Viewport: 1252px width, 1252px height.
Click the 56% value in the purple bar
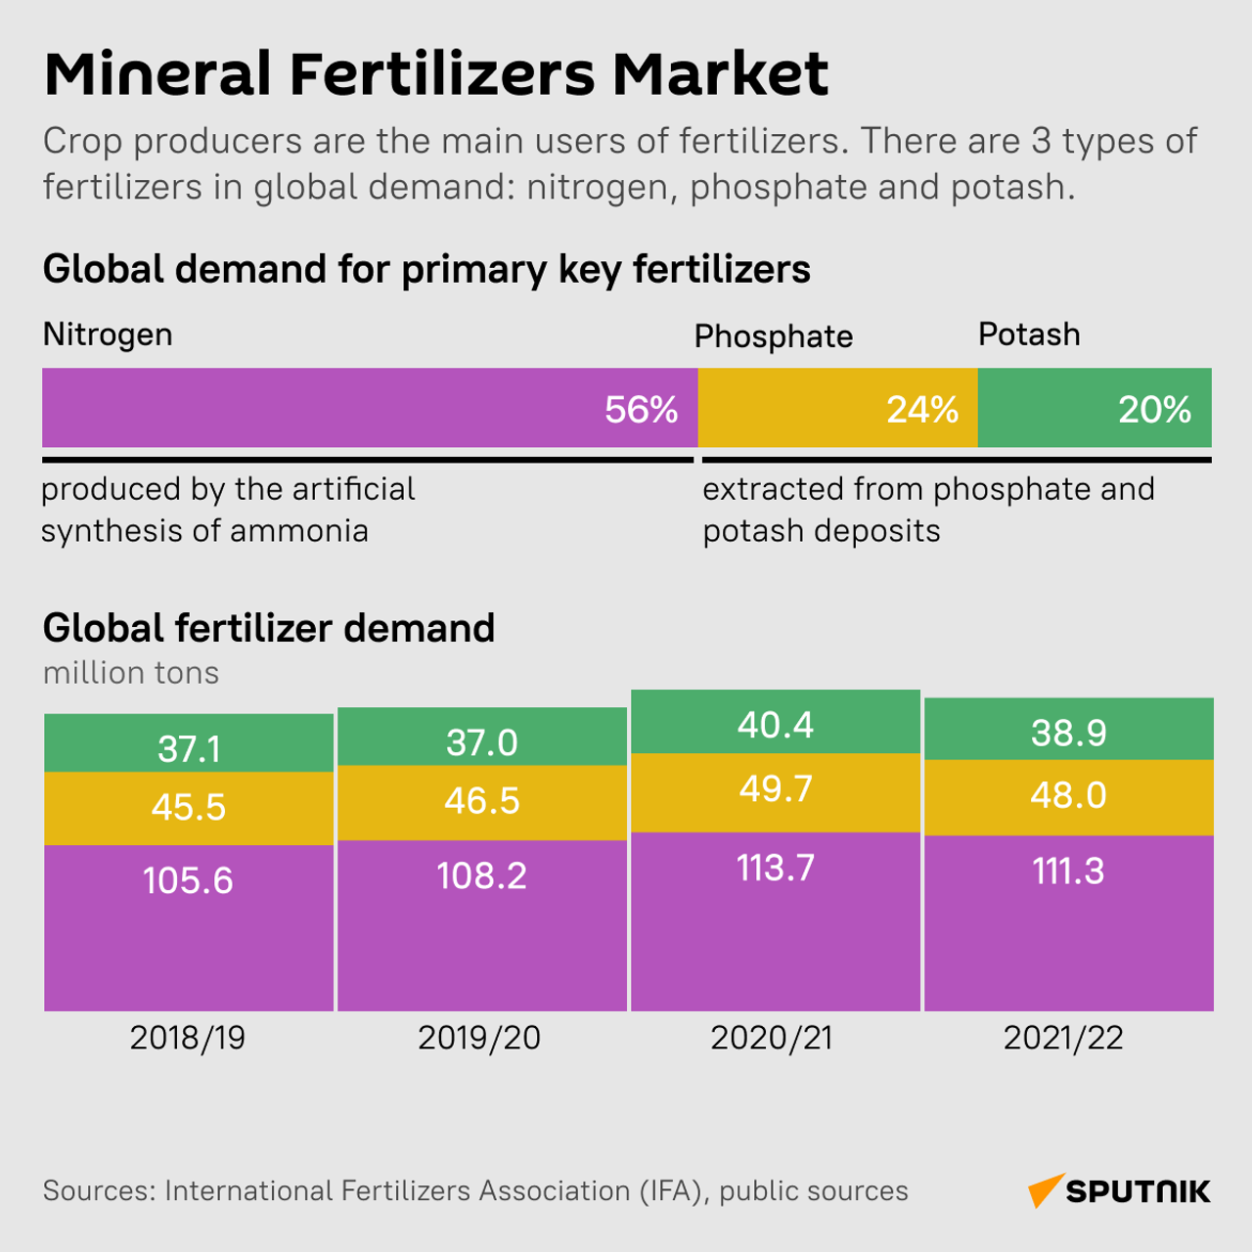(x=641, y=410)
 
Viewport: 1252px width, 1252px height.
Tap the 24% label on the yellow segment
(x=921, y=410)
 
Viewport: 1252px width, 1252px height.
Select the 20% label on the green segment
(x=1154, y=410)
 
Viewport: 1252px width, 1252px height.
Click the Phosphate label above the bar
(x=773, y=336)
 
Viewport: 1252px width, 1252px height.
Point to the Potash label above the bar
(x=1029, y=335)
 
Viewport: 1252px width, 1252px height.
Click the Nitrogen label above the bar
(x=108, y=335)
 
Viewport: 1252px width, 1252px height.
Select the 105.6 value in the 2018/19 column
(x=188, y=880)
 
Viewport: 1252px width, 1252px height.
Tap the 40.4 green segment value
(x=775, y=725)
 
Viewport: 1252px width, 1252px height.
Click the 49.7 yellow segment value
(x=775, y=788)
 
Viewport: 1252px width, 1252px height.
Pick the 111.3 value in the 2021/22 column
(x=1068, y=871)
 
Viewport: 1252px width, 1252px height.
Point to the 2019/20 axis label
(x=479, y=1038)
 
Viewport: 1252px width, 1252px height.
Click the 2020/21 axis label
(x=772, y=1038)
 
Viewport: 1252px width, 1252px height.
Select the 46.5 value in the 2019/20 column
(x=481, y=801)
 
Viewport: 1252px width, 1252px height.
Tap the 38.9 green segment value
(x=1068, y=733)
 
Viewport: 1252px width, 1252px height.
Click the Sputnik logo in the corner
(x=1119, y=1190)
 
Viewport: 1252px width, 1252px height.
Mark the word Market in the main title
(x=721, y=74)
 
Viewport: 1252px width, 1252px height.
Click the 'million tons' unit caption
(x=131, y=673)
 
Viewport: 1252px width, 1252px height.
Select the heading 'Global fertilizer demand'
(x=269, y=628)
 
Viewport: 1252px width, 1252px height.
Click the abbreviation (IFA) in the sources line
(x=675, y=1190)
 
